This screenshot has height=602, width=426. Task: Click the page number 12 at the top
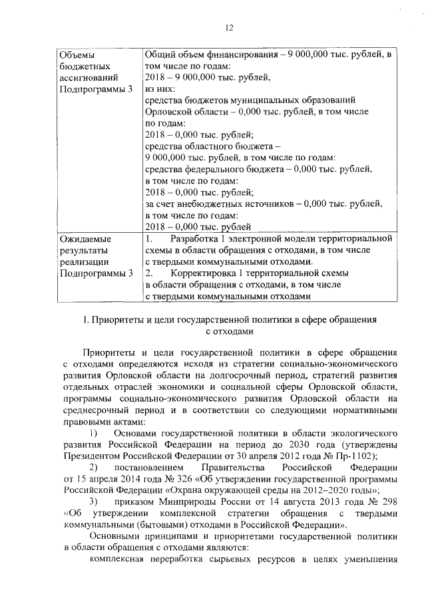point(230,27)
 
